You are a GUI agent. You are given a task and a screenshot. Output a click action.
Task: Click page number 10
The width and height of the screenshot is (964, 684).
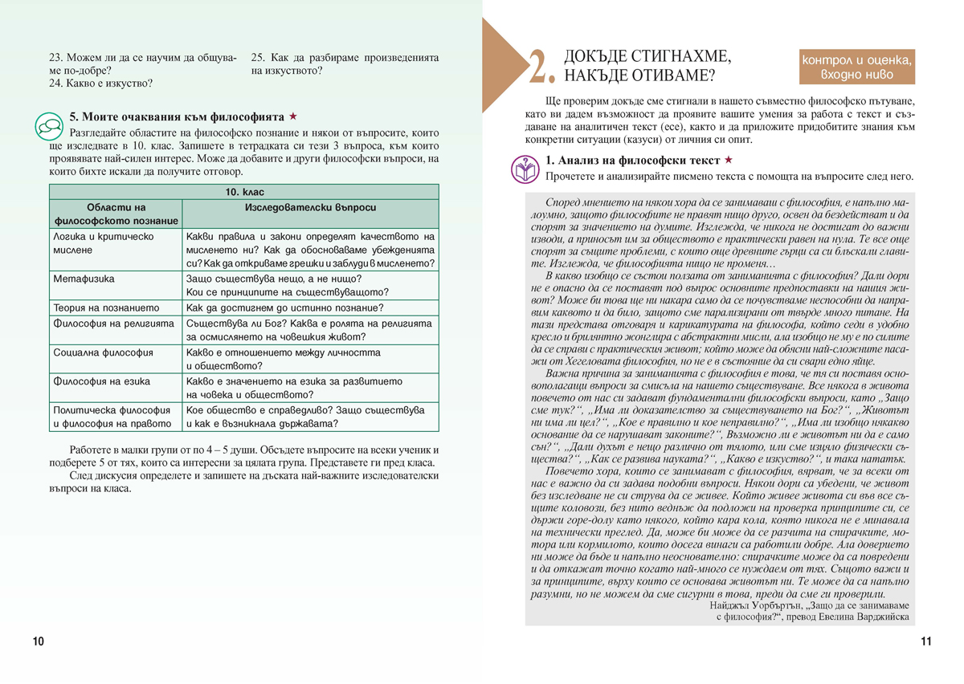(39, 641)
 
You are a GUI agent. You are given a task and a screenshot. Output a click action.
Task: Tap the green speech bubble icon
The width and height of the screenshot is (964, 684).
(49, 125)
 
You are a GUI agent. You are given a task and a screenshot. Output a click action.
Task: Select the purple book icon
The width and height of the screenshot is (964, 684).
(525, 169)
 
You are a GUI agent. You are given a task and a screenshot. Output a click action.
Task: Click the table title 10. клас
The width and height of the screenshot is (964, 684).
(243, 193)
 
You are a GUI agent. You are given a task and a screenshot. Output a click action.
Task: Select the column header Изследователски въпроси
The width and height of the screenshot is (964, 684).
(310, 207)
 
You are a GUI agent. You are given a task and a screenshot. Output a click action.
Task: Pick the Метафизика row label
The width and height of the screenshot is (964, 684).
(84, 279)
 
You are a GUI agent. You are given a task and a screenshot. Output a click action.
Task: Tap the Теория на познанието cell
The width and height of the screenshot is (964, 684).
(106, 307)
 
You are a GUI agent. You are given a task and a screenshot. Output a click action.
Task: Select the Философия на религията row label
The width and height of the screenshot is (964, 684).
(112, 324)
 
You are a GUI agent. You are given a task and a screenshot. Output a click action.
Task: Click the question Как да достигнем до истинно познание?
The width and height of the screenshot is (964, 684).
(284, 307)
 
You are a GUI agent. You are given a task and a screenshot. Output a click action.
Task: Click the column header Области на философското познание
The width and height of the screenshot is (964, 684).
(116, 214)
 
